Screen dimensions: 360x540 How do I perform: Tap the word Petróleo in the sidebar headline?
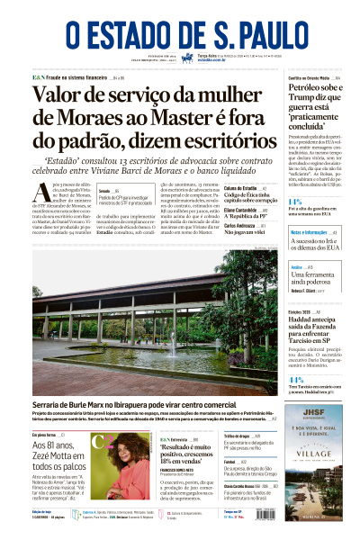pyautogui.click(x=306, y=115)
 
